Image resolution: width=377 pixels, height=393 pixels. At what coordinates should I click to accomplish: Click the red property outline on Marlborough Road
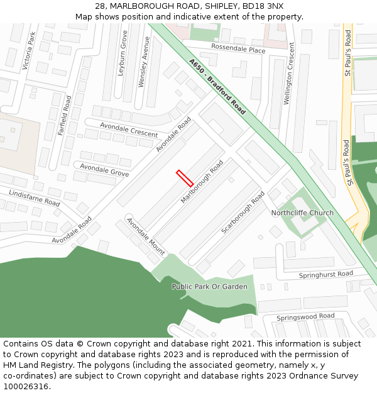click(x=185, y=178)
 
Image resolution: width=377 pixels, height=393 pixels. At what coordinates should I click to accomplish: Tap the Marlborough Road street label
click(x=202, y=182)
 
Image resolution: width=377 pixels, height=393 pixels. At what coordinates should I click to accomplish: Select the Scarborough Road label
click(x=243, y=213)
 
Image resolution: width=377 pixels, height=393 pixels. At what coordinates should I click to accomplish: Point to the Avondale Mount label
click(x=146, y=236)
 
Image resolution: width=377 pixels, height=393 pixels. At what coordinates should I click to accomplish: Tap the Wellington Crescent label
click(x=288, y=74)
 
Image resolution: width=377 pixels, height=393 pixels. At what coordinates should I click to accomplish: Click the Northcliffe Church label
click(x=302, y=213)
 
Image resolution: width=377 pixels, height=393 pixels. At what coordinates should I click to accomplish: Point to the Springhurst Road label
click(x=326, y=275)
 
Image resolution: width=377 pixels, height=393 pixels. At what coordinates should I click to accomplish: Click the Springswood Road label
click(x=305, y=316)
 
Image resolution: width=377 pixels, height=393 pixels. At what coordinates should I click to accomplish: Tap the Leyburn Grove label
click(x=123, y=55)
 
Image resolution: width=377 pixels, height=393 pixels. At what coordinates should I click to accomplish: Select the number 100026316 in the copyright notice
click(x=26, y=387)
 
